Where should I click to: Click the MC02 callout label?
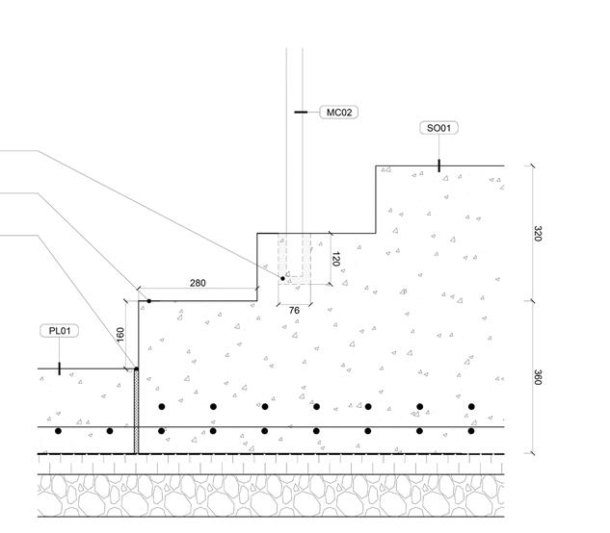[340, 113]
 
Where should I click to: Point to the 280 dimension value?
[198, 284]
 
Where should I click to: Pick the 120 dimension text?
[336, 260]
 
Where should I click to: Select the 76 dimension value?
[295, 309]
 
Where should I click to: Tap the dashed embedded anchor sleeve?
[295, 258]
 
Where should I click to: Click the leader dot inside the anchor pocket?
[283, 277]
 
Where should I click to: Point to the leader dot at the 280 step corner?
[148, 301]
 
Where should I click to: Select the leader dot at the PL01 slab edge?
[136, 368]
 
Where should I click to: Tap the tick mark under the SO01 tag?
[438, 165]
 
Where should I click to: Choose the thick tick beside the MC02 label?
[301, 113]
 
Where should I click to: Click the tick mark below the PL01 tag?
[59, 368]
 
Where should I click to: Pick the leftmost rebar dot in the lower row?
[58, 430]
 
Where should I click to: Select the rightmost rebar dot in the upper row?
[471, 407]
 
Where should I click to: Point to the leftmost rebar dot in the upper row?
[162, 407]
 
